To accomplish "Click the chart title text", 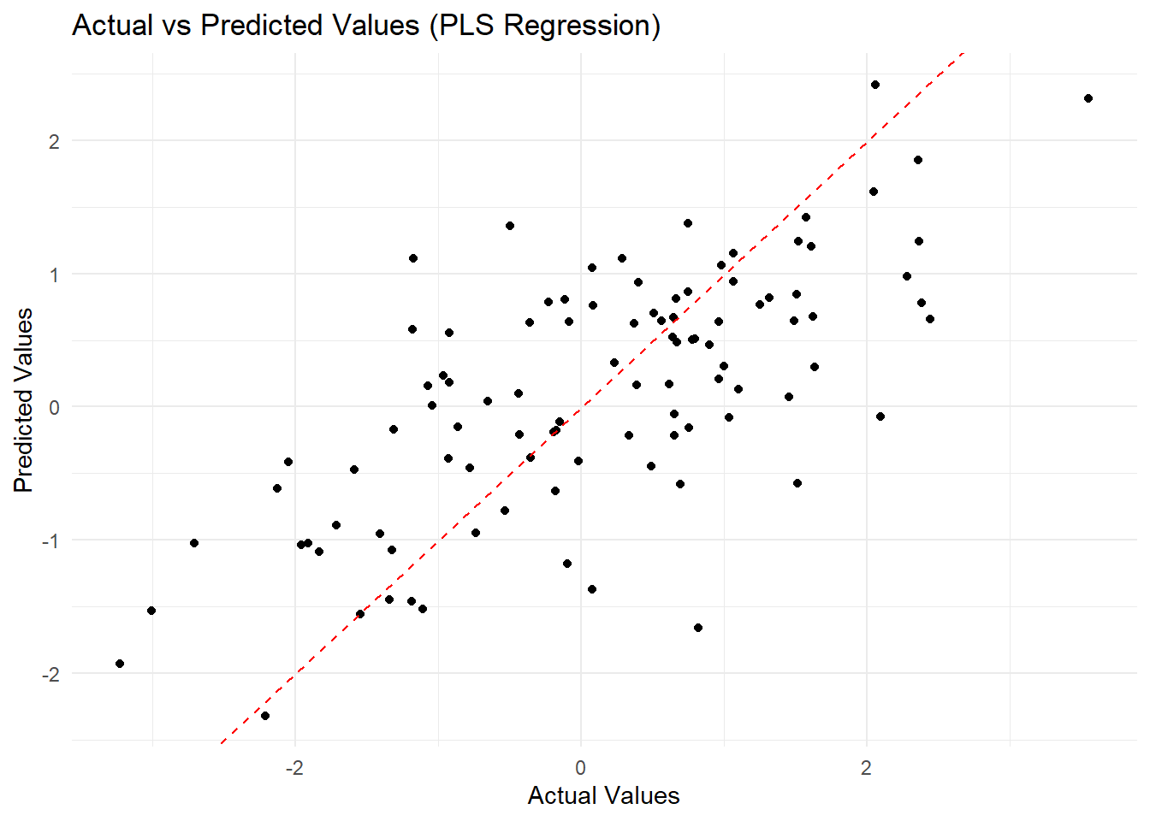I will (x=366, y=26).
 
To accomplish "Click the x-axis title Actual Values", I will (x=603, y=795).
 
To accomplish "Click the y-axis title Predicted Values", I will (x=24, y=399).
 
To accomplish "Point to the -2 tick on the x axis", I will (x=294, y=768).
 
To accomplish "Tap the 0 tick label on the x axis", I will (x=581, y=768).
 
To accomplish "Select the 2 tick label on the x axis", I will (x=867, y=768).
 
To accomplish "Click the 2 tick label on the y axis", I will (x=54, y=141).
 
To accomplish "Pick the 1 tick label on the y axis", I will (x=54, y=275).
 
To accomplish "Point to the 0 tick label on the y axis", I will (x=54, y=408).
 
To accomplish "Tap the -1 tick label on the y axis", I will (x=50, y=541).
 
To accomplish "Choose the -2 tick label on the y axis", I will (x=50, y=675).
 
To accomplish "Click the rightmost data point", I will (x=1088, y=98).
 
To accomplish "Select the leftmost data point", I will (x=120, y=664).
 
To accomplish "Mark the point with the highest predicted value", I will (x=875, y=85).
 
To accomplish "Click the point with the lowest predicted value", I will (x=265, y=716).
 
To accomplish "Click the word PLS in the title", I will (x=462, y=26).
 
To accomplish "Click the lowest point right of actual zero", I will (x=698, y=628).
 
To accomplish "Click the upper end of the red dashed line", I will (x=964, y=53).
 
